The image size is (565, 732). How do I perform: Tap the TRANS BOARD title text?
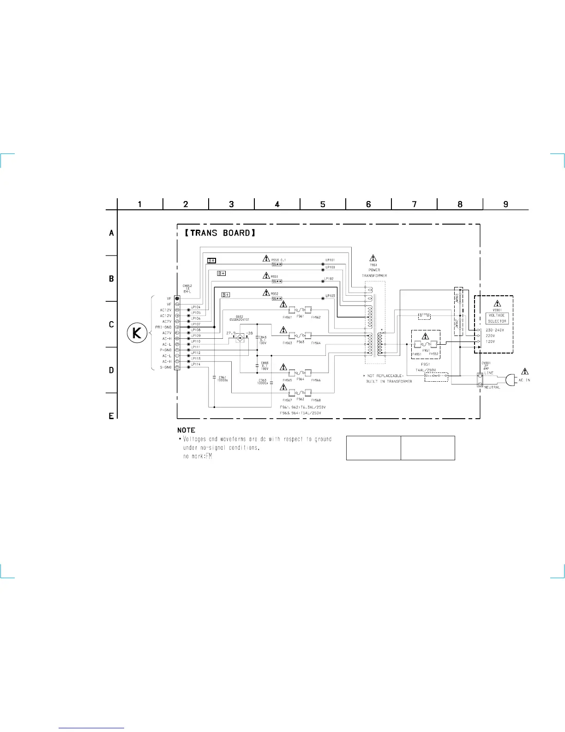pyautogui.click(x=220, y=233)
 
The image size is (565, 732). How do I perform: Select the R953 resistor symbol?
pyautogui.click(x=276, y=265)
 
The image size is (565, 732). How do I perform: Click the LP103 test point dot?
pyautogui.click(x=323, y=299)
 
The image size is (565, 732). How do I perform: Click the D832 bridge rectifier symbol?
pyautogui.click(x=240, y=338)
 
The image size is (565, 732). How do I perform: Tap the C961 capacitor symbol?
pyautogui.click(x=214, y=378)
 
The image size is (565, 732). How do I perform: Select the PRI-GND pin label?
pyautogui.click(x=163, y=327)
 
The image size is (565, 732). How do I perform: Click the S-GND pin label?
pyautogui.click(x=165, y=367)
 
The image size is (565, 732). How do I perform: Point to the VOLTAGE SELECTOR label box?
pyautogui.click(x=497, y=318)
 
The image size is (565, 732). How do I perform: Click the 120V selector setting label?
pyautogui.click(x=490, y=342)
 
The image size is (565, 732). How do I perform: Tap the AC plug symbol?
pyautogui.click(x=510, y=380)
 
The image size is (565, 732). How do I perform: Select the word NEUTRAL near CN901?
pyautogui.click(x=492, y=387)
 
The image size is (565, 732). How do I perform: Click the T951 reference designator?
pyautogui.click(x=373, y=265)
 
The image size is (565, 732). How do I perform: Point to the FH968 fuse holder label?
pyautogui.click(x=316, y=400)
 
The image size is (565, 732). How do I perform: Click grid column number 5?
pyautogui.click(x=323, y=204)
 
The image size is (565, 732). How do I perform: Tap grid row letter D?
pyautogui.click(x=111, y=370)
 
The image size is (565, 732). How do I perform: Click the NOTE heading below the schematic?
pyautogui.click(x=186, y=430)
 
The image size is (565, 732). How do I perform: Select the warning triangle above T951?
pyautogui.click(x=373, y=258)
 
